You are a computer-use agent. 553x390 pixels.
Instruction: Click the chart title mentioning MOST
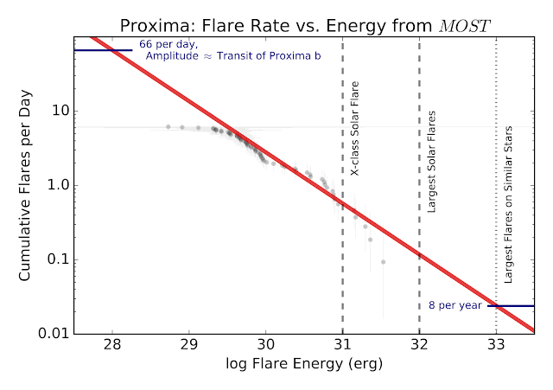click(x=305, y=26)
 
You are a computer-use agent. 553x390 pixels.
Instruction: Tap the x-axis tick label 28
click(x=112, y=344)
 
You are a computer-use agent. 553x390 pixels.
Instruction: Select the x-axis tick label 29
click(x=189, y=344)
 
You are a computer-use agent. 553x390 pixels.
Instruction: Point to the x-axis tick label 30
click(x=266, y=344)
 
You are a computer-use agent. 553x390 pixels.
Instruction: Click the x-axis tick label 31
click(x=342, y=344)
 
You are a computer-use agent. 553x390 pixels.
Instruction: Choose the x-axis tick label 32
click(x=419, y=344)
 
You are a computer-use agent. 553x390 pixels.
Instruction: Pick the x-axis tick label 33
click(x=496, y=344)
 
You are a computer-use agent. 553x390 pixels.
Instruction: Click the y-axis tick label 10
click(x=60, y=111)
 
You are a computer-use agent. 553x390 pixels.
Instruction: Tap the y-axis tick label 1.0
click(x=59, y=185)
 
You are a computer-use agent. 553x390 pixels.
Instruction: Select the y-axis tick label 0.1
click(x=59, y=259)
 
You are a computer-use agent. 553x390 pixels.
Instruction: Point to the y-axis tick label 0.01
click(x=54, y=334)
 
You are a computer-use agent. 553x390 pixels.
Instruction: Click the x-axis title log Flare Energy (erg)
click(x=304, y=363)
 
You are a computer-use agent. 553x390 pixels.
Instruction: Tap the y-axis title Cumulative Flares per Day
click(x=25, y=185)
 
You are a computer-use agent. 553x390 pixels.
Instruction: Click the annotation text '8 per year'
click(x=455, y=305)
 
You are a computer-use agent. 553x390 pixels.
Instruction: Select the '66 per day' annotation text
click(x=168, y=44)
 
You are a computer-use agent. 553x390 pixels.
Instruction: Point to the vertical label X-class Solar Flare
click(x=354, y=128)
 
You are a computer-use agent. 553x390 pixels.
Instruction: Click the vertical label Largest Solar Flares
click(x=431, y=162)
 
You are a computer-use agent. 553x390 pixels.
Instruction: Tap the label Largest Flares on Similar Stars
click(x=508, y=205)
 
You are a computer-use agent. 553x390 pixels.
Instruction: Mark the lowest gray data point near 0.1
click(x=383, y=262)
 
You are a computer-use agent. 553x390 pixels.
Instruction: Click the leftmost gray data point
click(x=168, y=127)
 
